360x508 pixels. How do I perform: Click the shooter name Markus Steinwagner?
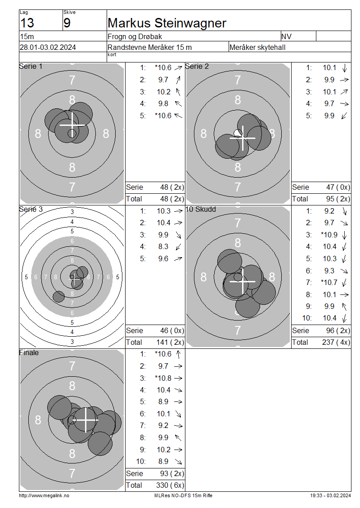(x=166, y=23)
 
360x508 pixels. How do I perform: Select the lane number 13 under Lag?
(x=27, y=23)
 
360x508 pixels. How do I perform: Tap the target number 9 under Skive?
(x=67, y=23)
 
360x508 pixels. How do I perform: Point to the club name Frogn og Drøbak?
(x=135, y=36)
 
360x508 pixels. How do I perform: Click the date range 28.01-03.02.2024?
(x=48, y=47)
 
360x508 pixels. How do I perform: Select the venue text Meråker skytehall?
(x=257, y=47)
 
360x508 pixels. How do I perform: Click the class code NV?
(x=286, y=36)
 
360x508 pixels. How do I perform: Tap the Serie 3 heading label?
(x=31, y=209)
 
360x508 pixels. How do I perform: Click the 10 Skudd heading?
(x=200, y=209)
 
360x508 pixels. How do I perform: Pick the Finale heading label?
(x=29, y=352)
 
